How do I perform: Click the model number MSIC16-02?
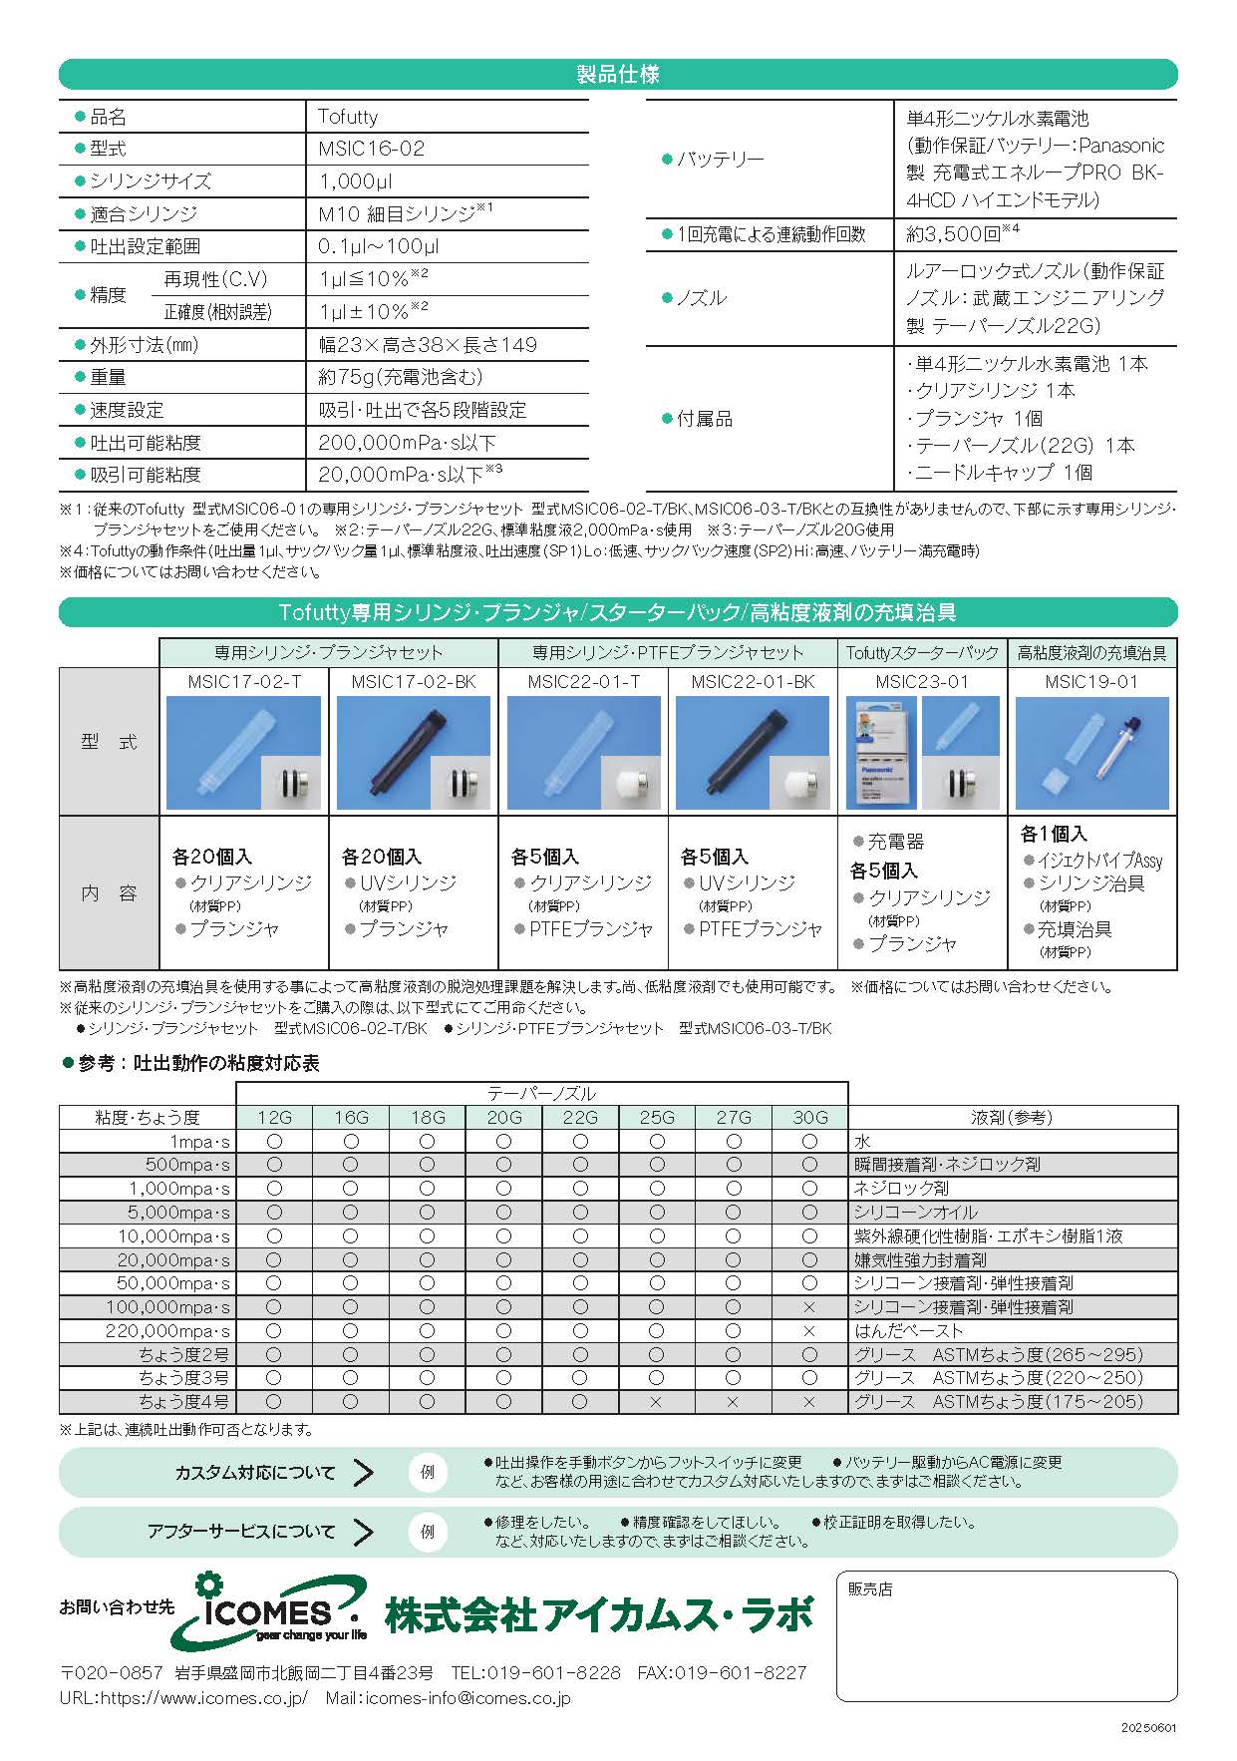point(371,149)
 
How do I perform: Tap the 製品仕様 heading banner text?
point(618,75)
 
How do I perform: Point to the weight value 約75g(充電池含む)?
point(400,377)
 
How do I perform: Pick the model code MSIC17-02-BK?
point(414,682)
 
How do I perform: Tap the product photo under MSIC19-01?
point(1092,753)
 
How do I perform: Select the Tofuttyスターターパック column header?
point(922,652)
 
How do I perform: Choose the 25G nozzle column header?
point(656,1118)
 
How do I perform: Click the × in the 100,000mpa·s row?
point(808,1307)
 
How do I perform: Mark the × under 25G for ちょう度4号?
point(656,1402)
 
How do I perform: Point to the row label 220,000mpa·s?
point(167,1331)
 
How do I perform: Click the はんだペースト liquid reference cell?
point(908,1331)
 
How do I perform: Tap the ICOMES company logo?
point(264,1612)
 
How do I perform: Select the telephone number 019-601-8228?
point(563,1672)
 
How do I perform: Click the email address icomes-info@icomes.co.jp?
point(468,1698)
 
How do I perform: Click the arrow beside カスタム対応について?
point(364,1473)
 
